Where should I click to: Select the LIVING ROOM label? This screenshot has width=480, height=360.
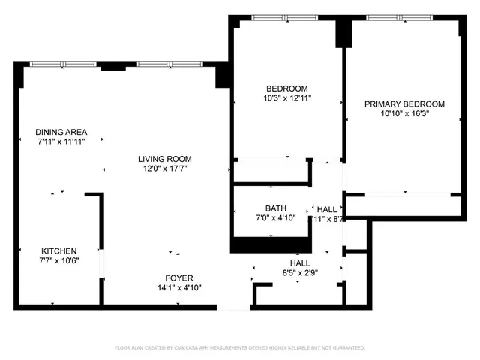[164, 159]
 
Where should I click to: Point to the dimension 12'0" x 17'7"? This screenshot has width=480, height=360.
[164, 169]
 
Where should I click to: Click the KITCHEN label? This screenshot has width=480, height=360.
[58, 250]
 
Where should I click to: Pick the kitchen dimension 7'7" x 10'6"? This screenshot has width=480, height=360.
[58, 260]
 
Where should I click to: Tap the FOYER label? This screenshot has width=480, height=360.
[180, 277]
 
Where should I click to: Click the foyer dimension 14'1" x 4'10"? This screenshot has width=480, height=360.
[180, 287]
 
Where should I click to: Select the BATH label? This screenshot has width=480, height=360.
[275, 208]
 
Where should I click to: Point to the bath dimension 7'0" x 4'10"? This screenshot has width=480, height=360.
[275, 218]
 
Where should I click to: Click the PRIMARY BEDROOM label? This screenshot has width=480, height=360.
[404, 104]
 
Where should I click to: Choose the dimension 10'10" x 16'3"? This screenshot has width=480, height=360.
[404, 114]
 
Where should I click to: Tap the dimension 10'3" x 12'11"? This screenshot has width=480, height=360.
[286, 97]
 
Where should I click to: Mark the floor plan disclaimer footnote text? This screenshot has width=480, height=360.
[239, 348]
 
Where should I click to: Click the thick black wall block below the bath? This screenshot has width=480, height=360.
[270, 244]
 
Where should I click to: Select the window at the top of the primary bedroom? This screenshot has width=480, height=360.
[399, 17]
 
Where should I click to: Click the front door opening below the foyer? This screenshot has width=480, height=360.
[234, 306]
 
